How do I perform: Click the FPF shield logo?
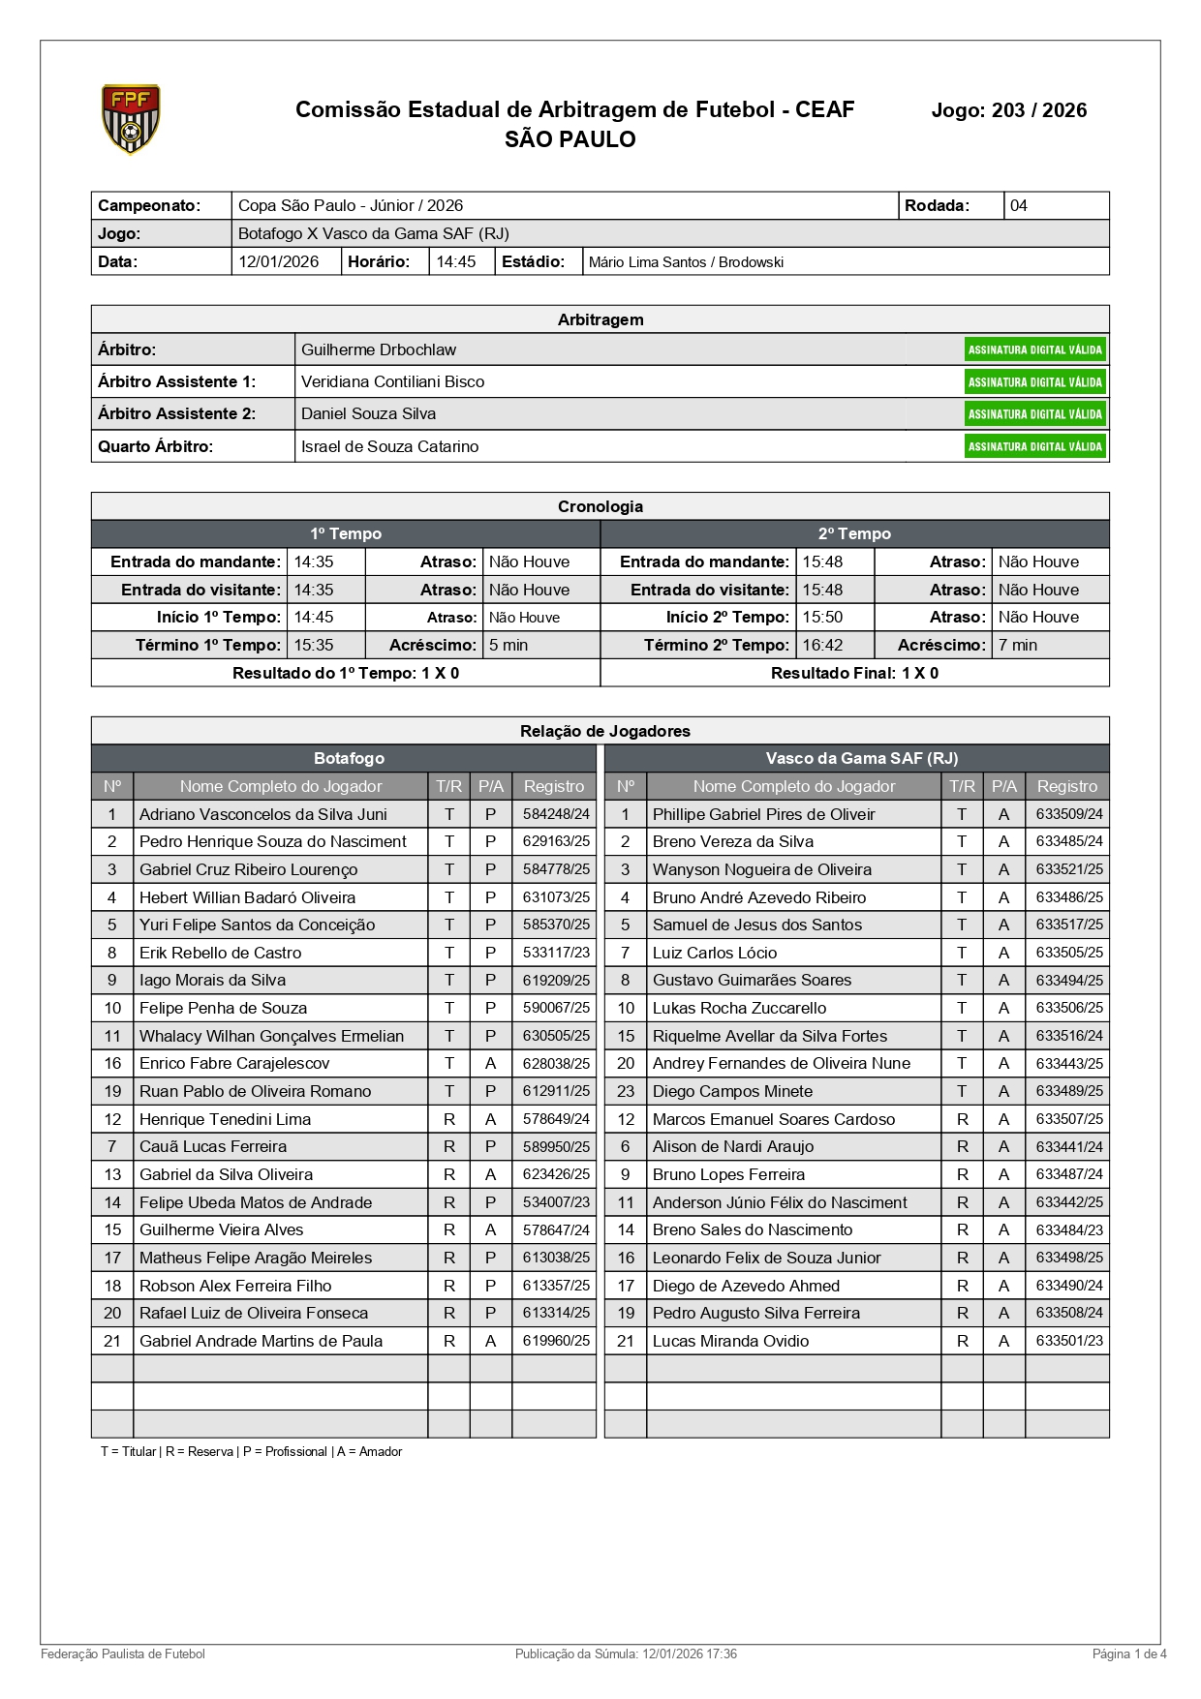pos(131,119)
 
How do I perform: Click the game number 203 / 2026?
pos(1008,110)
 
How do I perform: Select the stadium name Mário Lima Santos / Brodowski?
pos(686,262)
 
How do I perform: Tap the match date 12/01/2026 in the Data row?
pos(279,261)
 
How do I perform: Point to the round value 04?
pos(1019,205)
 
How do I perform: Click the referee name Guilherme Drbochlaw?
pos(379,349)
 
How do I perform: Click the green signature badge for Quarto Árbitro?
pos(1034,446)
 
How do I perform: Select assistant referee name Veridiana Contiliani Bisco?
pos(392,381)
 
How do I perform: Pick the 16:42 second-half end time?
pos(822,645)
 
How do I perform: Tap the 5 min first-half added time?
pos(508,645)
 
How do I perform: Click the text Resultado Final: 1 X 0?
pos(854,673)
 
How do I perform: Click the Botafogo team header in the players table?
pos(349,758)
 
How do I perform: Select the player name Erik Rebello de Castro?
pos(220,953)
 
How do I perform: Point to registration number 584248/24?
pos(556,814)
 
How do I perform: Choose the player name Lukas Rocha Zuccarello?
pos(739,1008)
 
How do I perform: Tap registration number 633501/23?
pos(1069,1341)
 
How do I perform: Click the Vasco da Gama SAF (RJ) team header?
pos(861,758)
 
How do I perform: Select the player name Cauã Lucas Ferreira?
pos(213,1146)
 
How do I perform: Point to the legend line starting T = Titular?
pos(251,1451)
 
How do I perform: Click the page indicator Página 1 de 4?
pos(1129,1653)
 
